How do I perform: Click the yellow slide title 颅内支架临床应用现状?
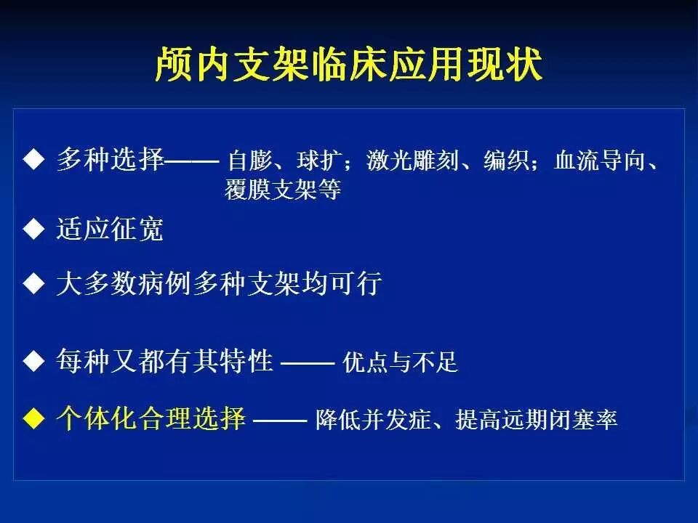pyautogui.click(x=348, y=65)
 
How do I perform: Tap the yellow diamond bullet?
pyautogui.click(x=34, y=418)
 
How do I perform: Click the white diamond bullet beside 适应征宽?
pyautogui.click(x=34, y=229)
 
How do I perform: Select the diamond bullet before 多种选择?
pyautogui.click(x=34, y=159)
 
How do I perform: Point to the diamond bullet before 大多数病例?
pyautogui.click(x=34, y=283)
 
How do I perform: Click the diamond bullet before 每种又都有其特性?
pyautogui.click(x=34, y=361)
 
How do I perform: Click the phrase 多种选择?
pyautogui.click(x=111, y=159)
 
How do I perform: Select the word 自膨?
pyautogui.click(x=249, y=161)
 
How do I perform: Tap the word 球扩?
pyautogui.click(x=319, y=161)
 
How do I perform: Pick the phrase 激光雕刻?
pyautogui.click(x=412, y=161)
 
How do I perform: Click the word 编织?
pyautogui.click(x=506, y=161)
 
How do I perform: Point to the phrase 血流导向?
pyautogui.click(x=600, y=161)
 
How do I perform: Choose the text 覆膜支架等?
pyautogui.click(x=283, y=190)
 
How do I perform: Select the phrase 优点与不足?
pyautogui.click(x=400, y=362)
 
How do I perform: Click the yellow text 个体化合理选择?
pyautogui.click(x=151, y=418)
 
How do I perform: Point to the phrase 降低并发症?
pyautogui.click(x=374, y=419)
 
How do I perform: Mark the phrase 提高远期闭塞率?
pyautogui.click(x=536, y=419)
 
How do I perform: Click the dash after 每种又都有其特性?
pyautogui.click(x=308, y=363)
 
